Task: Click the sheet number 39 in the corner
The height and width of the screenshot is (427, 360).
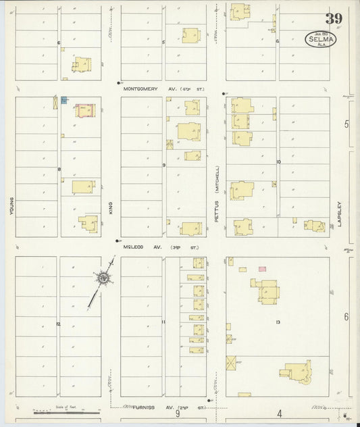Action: (x=333, y=18)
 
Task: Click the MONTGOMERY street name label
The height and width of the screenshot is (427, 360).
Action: (x=144, y=88)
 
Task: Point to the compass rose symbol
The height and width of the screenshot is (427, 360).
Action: (x=103, y=277)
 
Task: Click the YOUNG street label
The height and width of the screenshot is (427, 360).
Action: (x=11, y=206)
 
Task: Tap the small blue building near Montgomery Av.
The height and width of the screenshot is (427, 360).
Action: (x=63, y=101)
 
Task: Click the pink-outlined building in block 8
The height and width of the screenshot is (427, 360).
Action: (x=84, y=110)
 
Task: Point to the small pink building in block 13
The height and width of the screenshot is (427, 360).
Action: (x=262, y=269)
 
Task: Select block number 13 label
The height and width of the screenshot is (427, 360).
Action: (x=277, y=322)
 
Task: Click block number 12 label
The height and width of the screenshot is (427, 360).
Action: (x=59, y=324)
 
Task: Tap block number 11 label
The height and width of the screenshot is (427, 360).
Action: (x=163, y=322)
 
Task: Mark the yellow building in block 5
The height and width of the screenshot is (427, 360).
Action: (x=190, y=35)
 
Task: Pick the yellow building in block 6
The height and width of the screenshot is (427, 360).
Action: (x=82, y=64)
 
